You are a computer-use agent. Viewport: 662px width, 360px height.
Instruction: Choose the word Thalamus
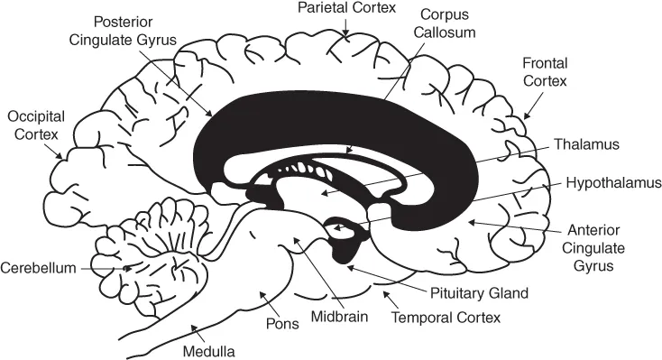pyautogui.click(x=590, y=143)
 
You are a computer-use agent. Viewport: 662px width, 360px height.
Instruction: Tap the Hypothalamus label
pyautogui.click(x=613, y=181)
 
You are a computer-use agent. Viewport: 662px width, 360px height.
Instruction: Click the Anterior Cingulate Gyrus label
pyautogui.click(x=601, y=247)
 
